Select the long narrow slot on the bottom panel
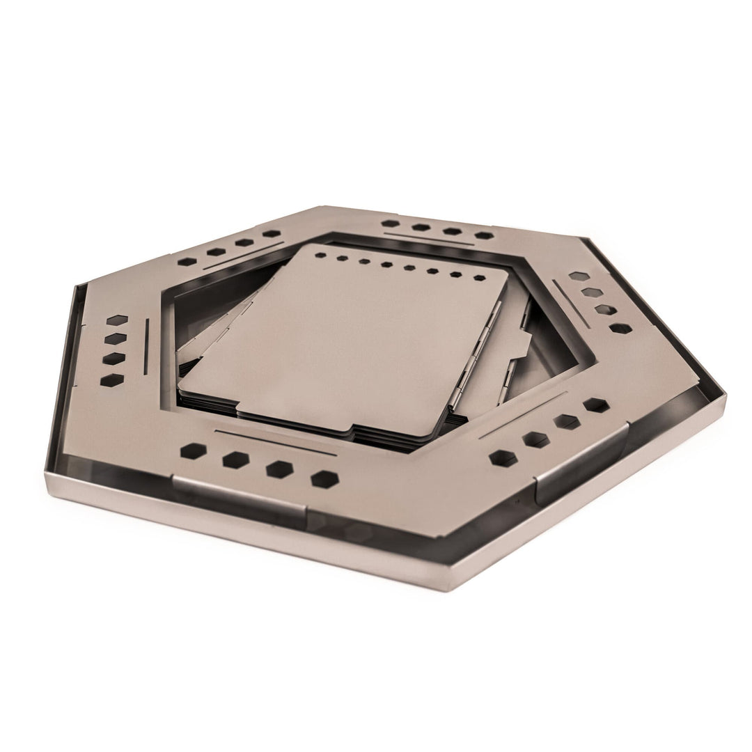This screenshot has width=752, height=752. click(x=276, y=443)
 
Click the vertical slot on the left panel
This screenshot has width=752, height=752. click(x=146, y=345)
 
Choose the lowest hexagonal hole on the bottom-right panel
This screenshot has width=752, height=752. click(x=501, y=457)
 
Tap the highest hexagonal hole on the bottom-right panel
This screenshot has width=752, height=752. click(x=595, y=405)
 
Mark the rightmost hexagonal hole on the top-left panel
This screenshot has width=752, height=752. click(x=272, y=234)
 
